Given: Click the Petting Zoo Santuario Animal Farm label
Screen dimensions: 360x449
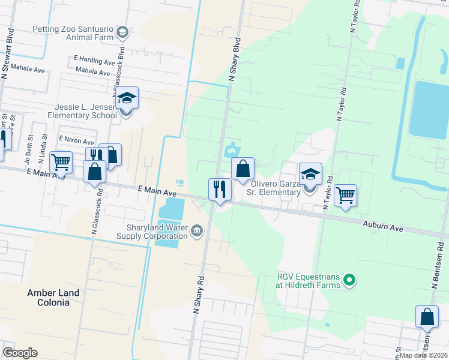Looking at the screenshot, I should click(73, 33).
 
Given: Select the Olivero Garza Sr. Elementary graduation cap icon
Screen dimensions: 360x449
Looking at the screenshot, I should click(310, 174).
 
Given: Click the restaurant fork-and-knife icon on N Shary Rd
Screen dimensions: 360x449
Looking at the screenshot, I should click(219, 189).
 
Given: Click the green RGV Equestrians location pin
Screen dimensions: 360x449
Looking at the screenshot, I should click(352, 280).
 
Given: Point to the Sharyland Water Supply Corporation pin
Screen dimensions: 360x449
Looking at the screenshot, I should click(196, 232).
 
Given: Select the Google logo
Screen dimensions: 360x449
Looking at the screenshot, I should click(20, 353).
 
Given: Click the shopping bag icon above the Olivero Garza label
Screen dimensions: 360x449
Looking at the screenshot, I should click(243, 169).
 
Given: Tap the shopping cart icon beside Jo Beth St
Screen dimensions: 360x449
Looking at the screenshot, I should click(61, 162).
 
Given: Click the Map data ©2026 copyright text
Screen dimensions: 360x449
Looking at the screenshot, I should click(424, 355).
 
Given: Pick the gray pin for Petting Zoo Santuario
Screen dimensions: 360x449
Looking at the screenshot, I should click(122, 32).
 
